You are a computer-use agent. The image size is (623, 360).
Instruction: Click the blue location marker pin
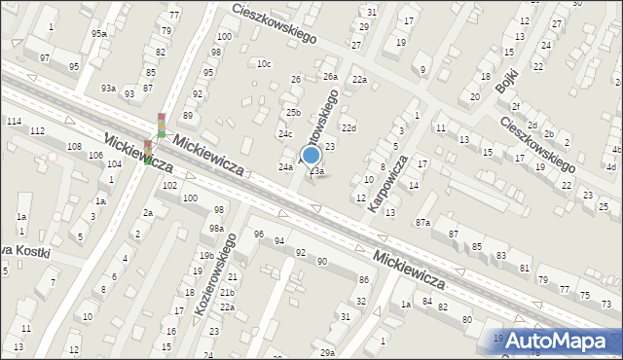311,157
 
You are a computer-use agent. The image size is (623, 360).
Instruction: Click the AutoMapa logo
560,341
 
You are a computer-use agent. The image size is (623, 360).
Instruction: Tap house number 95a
98,34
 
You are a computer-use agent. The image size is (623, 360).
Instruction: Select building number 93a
107,89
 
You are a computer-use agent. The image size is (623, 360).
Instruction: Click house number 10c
263,64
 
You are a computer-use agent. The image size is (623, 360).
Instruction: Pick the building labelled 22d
348,128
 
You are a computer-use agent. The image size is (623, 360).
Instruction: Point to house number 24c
285,134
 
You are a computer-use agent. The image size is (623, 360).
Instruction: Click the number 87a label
422,224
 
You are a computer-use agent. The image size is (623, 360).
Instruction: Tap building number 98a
215,229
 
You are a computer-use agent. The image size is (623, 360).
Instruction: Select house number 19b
206,256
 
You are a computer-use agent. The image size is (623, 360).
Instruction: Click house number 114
14,121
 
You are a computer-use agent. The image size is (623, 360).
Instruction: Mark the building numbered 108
74,146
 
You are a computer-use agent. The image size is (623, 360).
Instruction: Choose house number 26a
330,76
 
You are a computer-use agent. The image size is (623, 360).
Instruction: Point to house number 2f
516,107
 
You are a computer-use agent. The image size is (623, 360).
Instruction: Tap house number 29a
327,352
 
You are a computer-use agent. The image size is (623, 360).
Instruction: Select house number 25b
292,113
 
